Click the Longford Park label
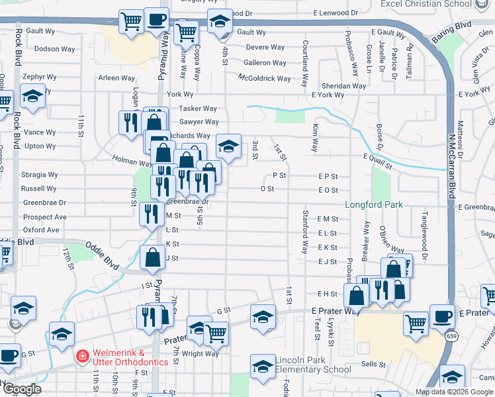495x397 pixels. [x=374, y=205]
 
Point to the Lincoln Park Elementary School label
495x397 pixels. [x=312, y=365]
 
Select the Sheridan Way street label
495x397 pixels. [x=343, y=86]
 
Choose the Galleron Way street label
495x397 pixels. [x=265, y=63]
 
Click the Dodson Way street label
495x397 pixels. [x=55, y=49]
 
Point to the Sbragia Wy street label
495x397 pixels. [x=39, y=175]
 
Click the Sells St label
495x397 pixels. [x=373, y=364]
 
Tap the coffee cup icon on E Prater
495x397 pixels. [x=441, y=316]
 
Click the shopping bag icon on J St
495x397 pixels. [x=152, y=257]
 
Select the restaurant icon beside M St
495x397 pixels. [x=152, y=213]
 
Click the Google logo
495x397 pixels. [x=22, y=389]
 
